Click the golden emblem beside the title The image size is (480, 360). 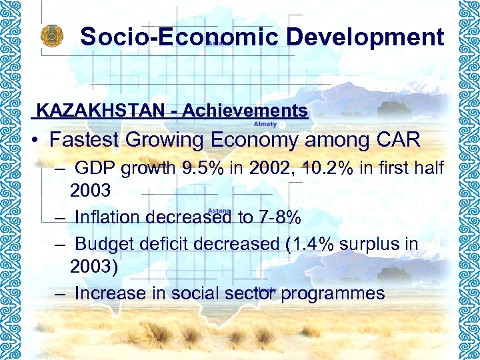point(51,37)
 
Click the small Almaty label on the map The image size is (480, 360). point(265,124)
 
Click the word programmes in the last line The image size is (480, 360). point(333,293)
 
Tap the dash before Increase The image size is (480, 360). point(61,293)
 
